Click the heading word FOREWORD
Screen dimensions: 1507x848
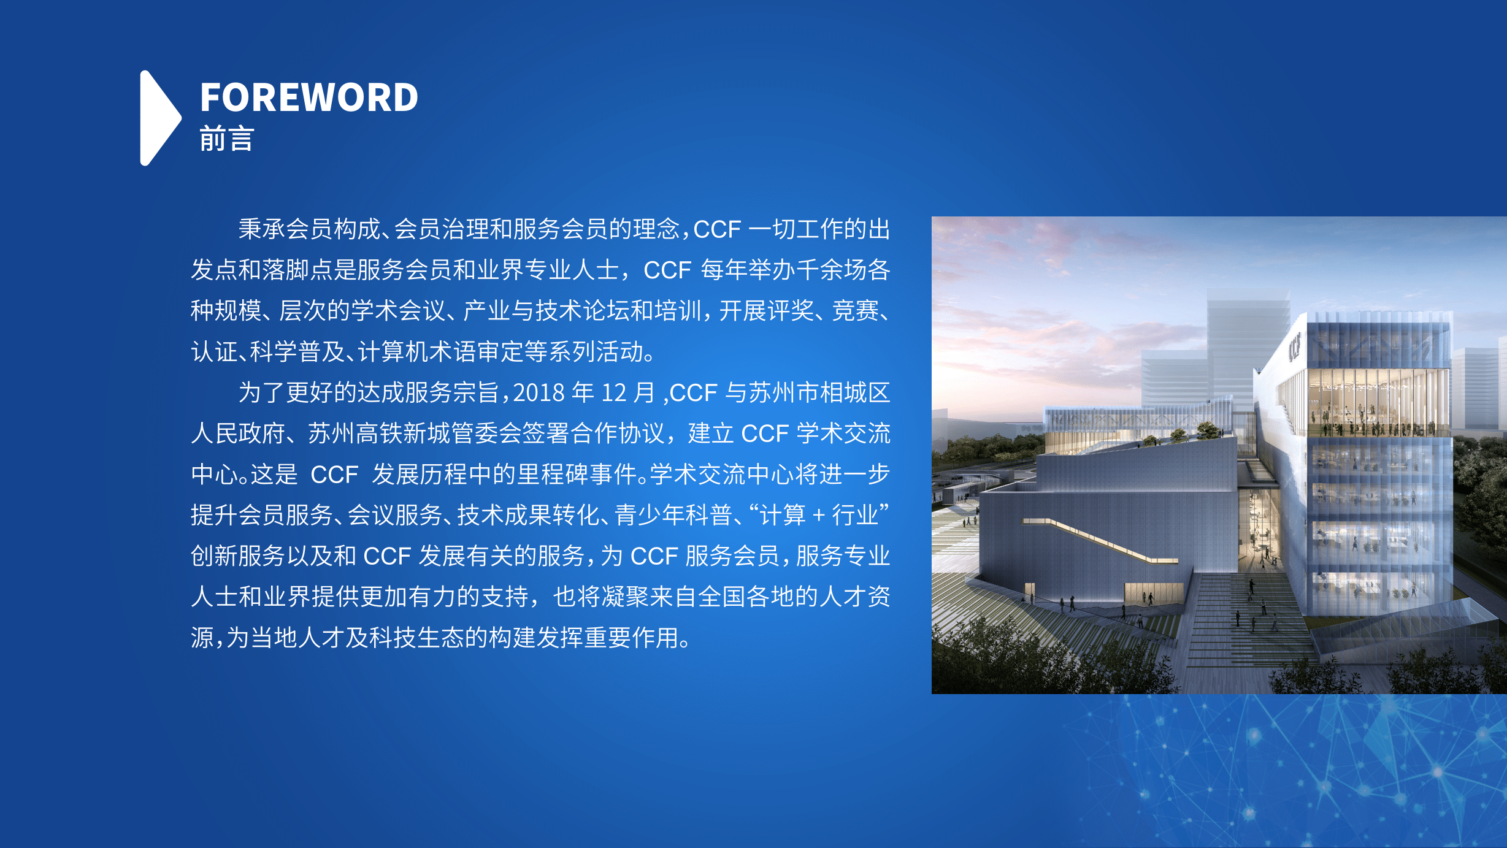pos(309,97)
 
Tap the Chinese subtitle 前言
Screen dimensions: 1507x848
pos(226,139)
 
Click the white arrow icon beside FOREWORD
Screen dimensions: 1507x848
pos(160,118)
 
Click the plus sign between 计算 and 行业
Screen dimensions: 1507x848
pos(818,516)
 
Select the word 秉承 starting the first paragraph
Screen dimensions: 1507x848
pos(262,229)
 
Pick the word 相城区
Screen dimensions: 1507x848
pos(854,393)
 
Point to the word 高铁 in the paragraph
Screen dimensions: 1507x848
pos(380,434)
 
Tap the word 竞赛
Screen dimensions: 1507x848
pos(856,311)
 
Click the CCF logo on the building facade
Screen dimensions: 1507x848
pos(1294,346)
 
